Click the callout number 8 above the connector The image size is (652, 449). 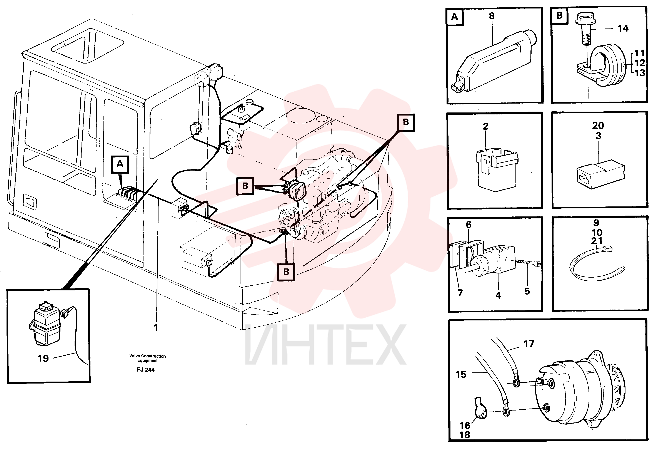492,16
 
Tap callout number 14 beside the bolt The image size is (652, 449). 623,28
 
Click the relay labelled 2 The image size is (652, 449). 497,171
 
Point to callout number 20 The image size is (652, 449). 598,126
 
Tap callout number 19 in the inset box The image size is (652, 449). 43,359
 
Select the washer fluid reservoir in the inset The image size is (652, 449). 45,323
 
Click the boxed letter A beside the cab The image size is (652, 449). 120,164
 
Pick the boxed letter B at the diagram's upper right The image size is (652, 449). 406,122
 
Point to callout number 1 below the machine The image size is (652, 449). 156,328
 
